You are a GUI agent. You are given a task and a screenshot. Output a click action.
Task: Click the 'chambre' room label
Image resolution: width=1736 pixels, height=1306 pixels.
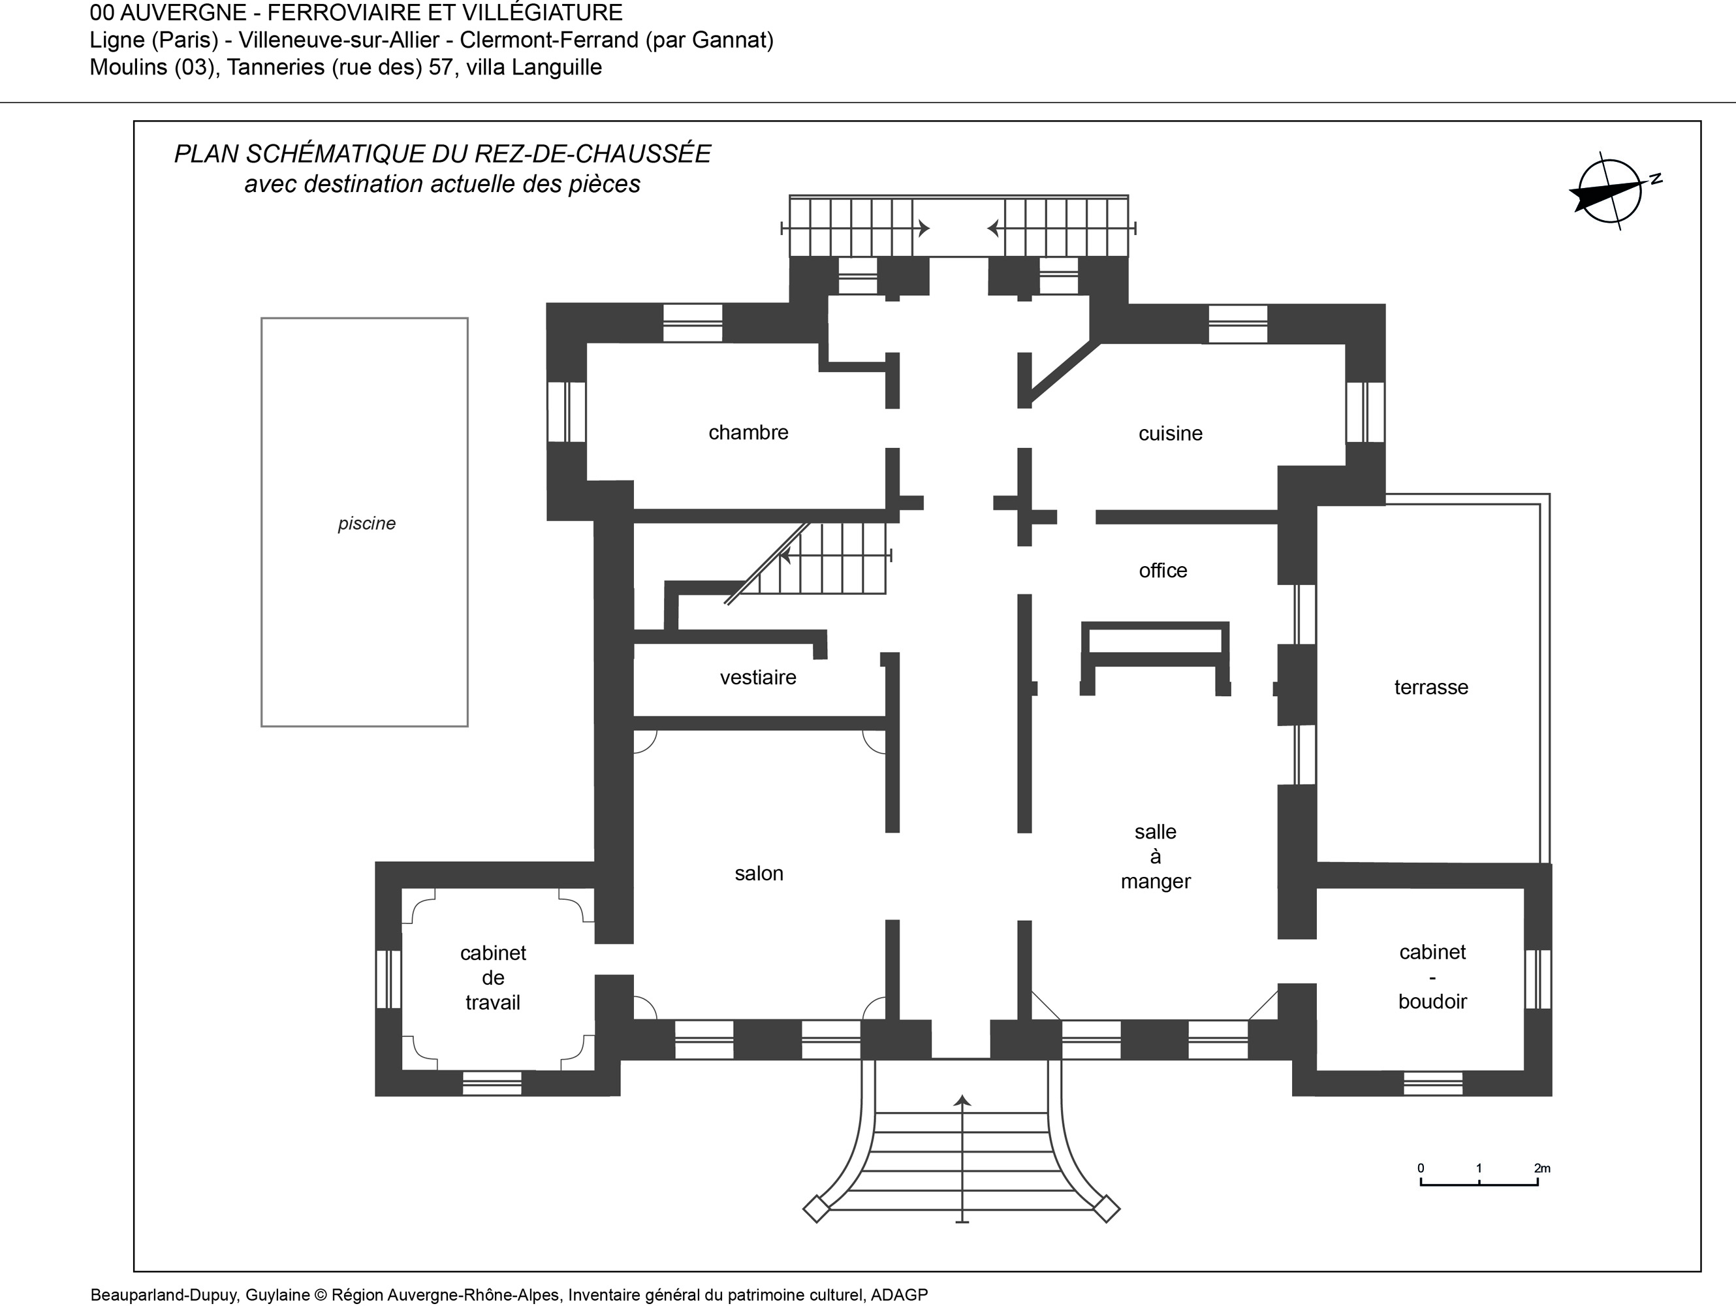pyautogui.click(x=748, y=432)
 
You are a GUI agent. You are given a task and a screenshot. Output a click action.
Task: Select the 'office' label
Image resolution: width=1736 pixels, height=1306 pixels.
pyautogui.click(x=1163, y=571)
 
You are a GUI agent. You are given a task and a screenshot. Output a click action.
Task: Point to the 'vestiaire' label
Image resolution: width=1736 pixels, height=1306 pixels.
pyautogui.click(x=758, y=677)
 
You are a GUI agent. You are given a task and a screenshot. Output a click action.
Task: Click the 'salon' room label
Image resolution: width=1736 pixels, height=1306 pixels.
pyautogui.click(x=759, y=874)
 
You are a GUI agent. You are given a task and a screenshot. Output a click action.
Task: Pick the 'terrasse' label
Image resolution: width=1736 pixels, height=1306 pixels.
pyautogui.click(x=1430, y=688)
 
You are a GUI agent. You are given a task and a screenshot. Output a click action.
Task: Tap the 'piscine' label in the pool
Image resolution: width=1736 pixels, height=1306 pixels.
pyautogui.click(x=366, y=524)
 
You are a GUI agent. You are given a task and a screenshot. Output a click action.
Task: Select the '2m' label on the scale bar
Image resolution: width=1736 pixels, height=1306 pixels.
pyautogui.click(x=1542, y=1168)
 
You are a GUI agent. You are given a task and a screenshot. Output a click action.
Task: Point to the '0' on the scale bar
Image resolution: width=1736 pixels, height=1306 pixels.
pyautogui.click(x=1421, y=1168)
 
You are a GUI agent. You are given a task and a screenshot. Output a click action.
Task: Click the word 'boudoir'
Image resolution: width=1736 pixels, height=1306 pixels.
pyautogui.click(x=1432, y=1002)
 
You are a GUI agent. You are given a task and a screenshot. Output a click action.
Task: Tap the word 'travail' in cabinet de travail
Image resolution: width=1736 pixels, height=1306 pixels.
pyautogui.click(x=493, y=1002)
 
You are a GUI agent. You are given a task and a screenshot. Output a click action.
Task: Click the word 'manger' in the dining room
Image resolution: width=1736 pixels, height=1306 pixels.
pyautogui.click(x=1155, y=882)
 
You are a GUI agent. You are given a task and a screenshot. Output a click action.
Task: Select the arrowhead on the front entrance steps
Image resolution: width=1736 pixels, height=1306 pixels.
pyautogui.click(x=962, y=1100)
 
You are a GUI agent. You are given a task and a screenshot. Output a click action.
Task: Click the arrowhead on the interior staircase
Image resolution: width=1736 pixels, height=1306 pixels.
pyautogui.click(x=784, y=556)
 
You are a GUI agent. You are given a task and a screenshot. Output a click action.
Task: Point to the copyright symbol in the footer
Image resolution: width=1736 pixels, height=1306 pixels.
pyautogui.click(x=320, y=1295)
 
